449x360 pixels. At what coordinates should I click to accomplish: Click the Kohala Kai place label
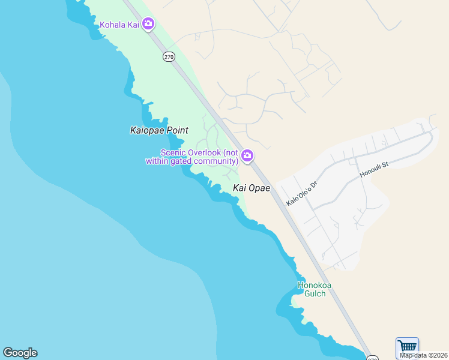click(x=119, y=25)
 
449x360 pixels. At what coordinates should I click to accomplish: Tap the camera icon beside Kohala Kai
click(x=148, y=25)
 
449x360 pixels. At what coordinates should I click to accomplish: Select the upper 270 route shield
click(x=169, y=56)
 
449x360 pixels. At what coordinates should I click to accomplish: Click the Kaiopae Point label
click(x=159, y=130)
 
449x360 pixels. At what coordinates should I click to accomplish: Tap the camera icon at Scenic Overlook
click(x=247, y=157)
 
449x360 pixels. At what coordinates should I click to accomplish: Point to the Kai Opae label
click(x=252, y=188)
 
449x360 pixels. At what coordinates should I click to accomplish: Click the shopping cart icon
click(x=407, y=347)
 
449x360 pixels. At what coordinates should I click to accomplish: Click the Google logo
click(x=20, y=353)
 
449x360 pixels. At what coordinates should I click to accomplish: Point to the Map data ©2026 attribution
click(x=424, y=355)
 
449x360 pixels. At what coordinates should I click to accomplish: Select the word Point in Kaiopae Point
click(x=178, y=130)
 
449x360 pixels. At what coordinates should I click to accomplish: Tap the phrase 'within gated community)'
click(x=192, y=161)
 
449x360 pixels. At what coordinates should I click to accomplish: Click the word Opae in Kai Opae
click(x=260, y=188)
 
